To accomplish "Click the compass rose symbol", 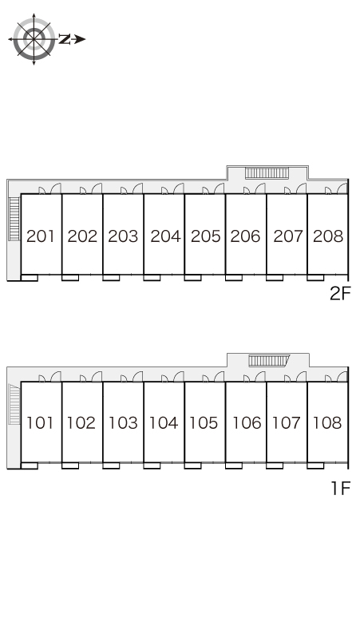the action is (x=34, y=39).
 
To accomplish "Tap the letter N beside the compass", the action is (x=65, y=39).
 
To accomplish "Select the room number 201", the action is (x=41, y=236).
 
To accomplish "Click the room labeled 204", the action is (x=165, y=236).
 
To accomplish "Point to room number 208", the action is (x=328, y=236).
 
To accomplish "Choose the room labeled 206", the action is (x=245, y=236).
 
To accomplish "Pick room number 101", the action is (x=39, y=423).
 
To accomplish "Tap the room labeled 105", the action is (x=204, y=423).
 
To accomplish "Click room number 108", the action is (x=327, y=423).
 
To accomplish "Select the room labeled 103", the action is (x=123, y=423).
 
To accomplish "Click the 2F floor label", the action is (x=340, y=293).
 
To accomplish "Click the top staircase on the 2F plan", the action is (x=267, y=173).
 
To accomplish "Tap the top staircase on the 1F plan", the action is (x=269, y=360).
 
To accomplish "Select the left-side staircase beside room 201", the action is (x=14, y=219).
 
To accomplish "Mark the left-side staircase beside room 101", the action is (x=14, y=404).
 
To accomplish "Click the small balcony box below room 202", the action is (x=70, y=278).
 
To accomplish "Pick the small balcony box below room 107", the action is (x=275, y=465).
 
